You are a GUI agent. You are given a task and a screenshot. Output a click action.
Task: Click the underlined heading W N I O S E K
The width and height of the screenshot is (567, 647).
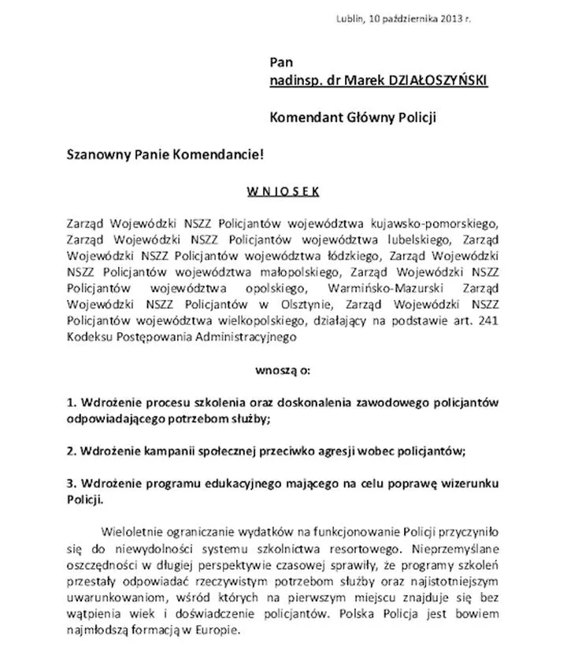(x=283, y=190)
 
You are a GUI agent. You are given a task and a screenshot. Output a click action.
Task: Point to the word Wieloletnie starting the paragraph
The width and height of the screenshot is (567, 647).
(x=133, y=531)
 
